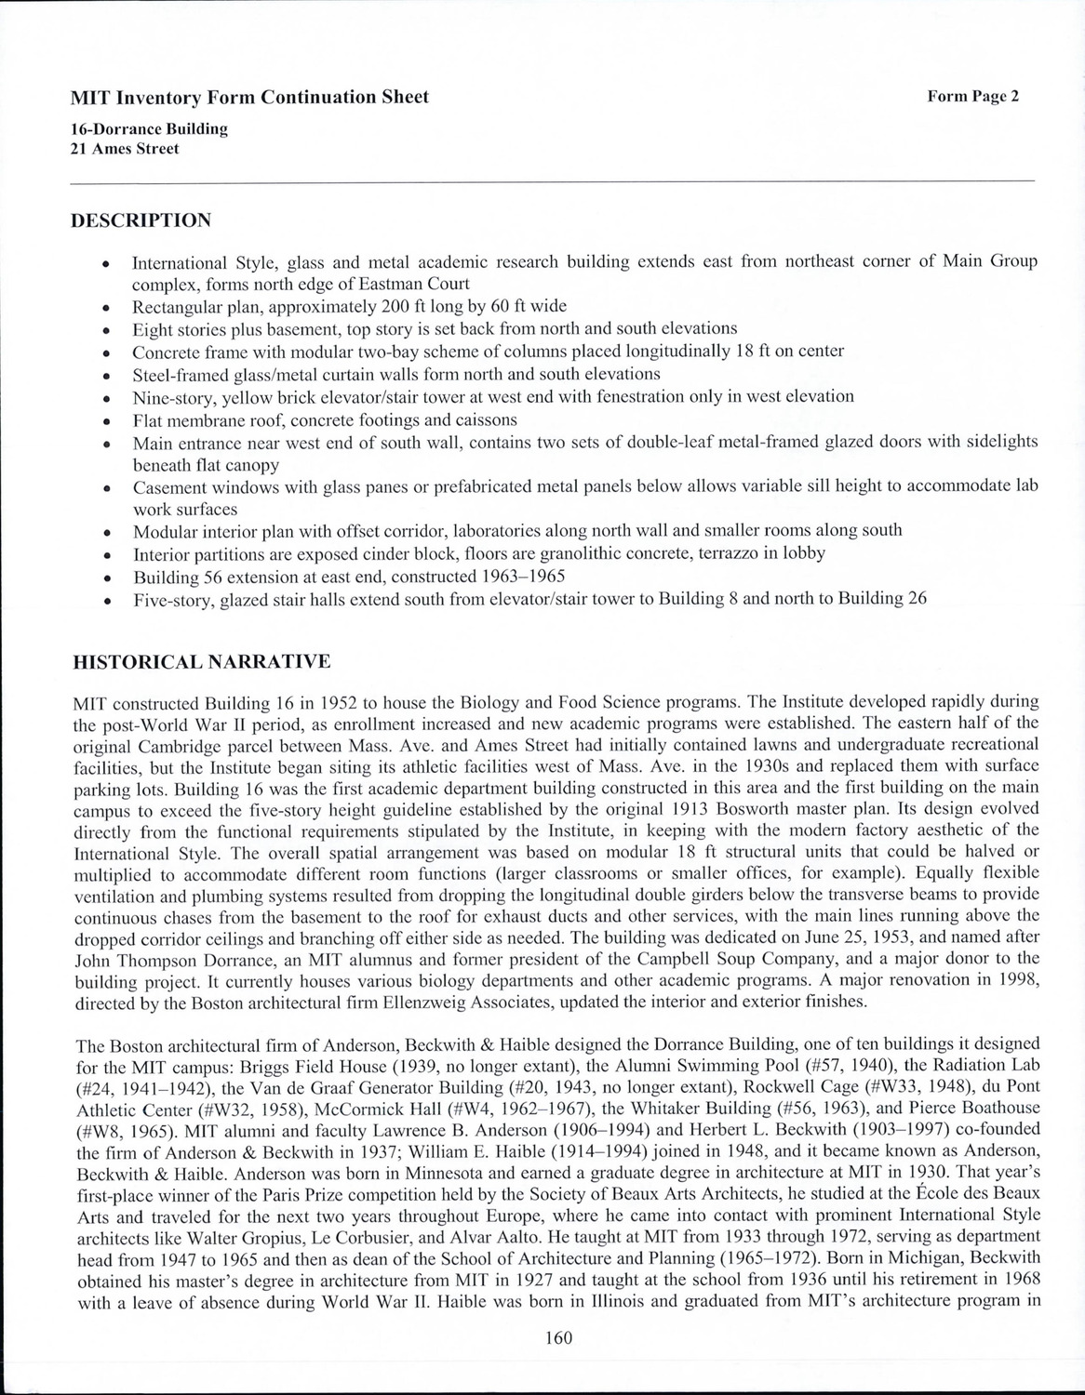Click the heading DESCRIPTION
pos(141,220)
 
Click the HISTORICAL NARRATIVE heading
pos(201,662)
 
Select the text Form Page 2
pos(972,96)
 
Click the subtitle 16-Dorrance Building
pos(150,129)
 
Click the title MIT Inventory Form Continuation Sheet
pos(250,97)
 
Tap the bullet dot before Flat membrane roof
pos(110,420)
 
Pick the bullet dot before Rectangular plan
pos(110,307)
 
